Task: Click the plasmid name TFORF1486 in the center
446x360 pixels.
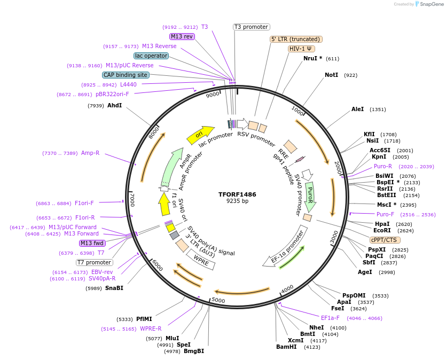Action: point(237,194)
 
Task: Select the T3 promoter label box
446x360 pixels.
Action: point(252,27)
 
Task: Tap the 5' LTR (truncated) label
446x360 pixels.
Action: point(296,39)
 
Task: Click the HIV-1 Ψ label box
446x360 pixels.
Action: point(301,49)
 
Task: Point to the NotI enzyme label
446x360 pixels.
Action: point(331,75)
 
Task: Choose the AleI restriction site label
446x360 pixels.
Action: point(357,109)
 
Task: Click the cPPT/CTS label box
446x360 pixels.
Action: point(384,240)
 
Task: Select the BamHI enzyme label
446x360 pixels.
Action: point(286,347)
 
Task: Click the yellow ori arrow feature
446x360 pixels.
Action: point(200,136)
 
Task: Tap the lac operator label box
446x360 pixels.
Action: point(151,56)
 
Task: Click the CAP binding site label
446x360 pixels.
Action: point(125,75)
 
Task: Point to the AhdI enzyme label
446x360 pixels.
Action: point(114,105)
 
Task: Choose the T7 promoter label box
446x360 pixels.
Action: point(94,262)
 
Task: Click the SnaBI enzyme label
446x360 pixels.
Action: point(114,288)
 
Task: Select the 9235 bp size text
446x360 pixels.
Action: point(237,201)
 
